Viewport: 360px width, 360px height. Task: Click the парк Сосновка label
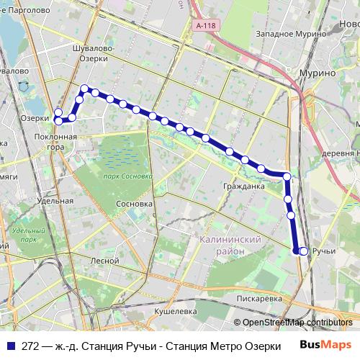(x=127, y=176)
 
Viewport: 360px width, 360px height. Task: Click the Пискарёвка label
(x=258, y=298)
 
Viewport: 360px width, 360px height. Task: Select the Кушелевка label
(x=176, y=310)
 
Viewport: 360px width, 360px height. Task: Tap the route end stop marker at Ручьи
(x=303, y=251)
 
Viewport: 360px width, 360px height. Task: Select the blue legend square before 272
(x=10, y=346)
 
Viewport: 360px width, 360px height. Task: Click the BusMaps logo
(x=325, y=345)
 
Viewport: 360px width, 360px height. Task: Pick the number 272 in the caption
(x=30, y=346)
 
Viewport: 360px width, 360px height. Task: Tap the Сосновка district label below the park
(x=134, y=204)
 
